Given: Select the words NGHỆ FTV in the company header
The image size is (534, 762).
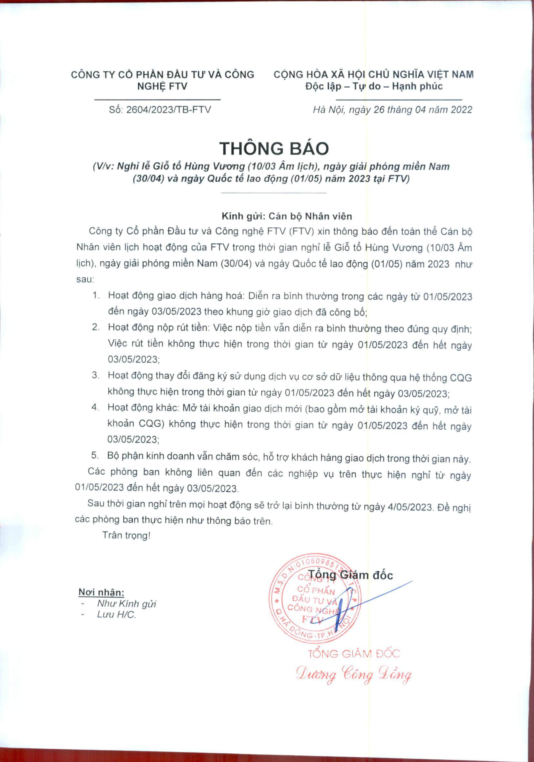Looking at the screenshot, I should [162, 86].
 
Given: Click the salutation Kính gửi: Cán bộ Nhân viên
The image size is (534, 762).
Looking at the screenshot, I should [287, 216].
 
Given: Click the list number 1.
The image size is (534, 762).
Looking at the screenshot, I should [96, 295].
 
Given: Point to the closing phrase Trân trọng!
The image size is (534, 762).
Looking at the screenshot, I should [126, 535].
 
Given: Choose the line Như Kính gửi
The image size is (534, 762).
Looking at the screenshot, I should [126, 604].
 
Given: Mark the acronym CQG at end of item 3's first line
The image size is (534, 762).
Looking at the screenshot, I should [461, 378].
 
